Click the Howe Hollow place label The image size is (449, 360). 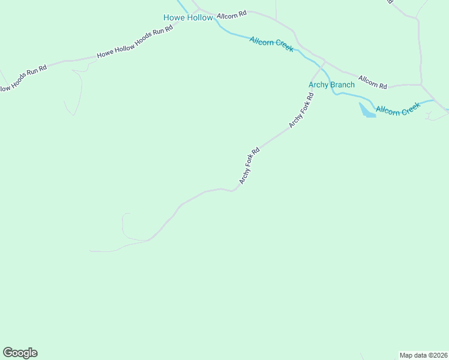(188, 17)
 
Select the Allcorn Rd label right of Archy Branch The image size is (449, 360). (373, 82)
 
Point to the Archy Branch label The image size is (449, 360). (331, 85)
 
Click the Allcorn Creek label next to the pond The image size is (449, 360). (398, 109)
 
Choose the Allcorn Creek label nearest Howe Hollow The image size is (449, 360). (271, 44)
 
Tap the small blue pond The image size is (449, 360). (366, 111)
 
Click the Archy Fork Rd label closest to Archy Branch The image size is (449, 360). (301, 110)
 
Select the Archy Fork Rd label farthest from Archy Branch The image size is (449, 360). (249, 166)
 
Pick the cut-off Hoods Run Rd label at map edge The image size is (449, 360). (23, 79)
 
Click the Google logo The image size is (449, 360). (20, 353)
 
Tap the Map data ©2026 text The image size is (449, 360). (423, 355)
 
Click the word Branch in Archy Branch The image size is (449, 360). (342, 85)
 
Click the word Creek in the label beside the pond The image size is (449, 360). (410, 107)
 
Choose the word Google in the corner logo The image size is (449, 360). (20, 353)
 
